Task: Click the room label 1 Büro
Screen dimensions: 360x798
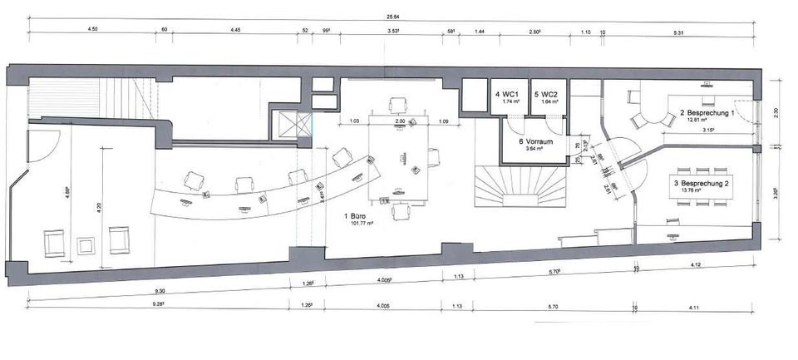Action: coord(356,216)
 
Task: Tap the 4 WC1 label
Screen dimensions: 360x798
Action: coord(506,95)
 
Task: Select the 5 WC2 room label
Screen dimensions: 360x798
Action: coord(546,95)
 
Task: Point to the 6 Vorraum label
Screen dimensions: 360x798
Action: coord(532,141)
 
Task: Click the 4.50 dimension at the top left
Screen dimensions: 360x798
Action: coord(94,30)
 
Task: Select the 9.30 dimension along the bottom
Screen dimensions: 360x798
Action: coord(160,293)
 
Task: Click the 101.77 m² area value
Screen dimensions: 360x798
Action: coord(356,224)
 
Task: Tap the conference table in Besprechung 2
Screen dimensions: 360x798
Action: coord(705,188)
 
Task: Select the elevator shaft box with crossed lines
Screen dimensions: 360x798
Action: coord(291,124)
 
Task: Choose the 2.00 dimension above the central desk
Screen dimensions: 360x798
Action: coord(400,121)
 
